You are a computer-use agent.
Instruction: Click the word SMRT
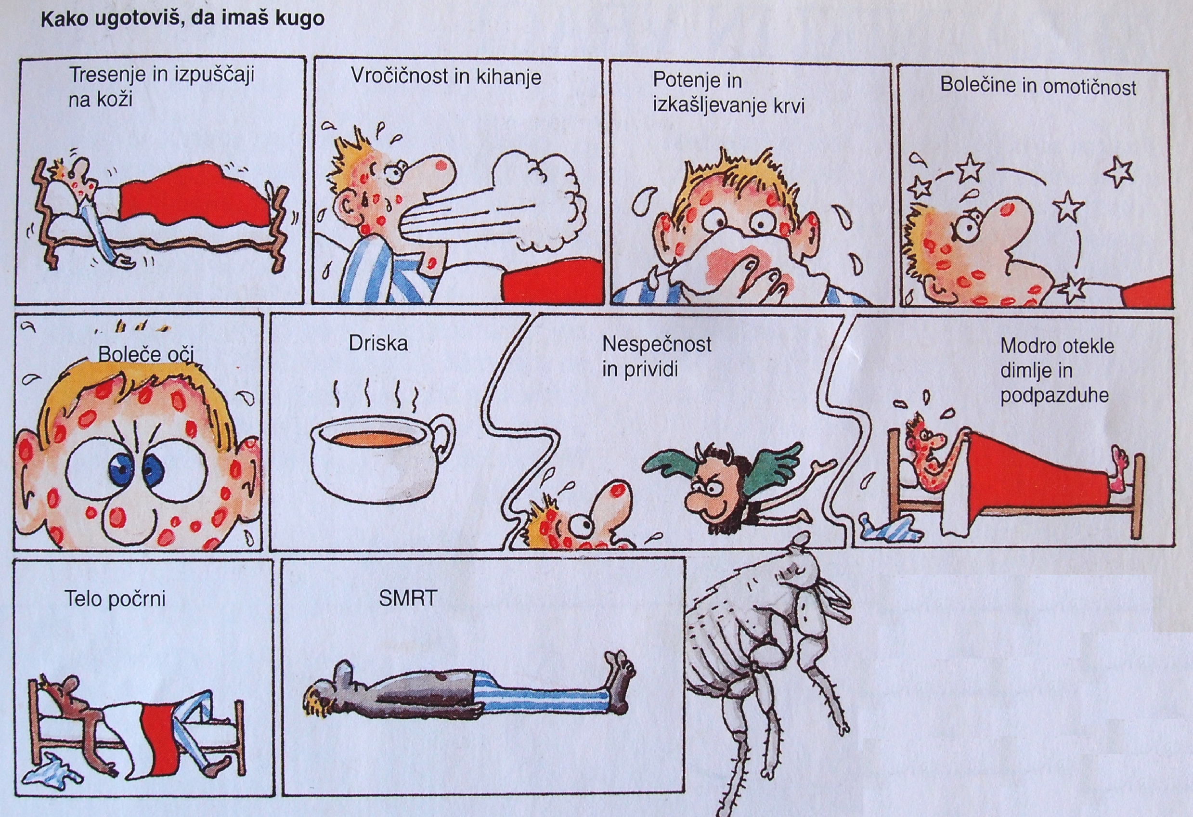(x=408, y=598)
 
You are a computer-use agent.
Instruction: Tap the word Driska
(x=378, y=343)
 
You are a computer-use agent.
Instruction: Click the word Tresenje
(x=107, y=76)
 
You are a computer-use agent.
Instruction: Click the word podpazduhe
(x=1054, y=396)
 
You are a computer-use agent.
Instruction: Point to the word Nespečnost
(x=657, y=344)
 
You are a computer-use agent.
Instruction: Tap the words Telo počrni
(x=115, y=599)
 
